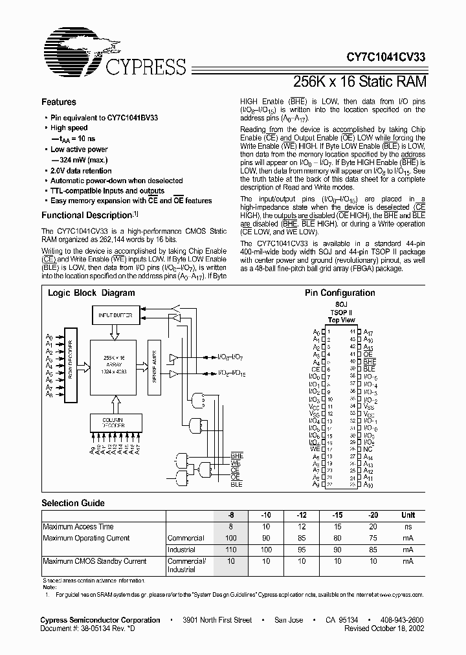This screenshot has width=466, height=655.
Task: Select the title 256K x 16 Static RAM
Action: tap(359, 82)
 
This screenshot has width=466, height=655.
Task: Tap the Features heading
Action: tap(59, 102)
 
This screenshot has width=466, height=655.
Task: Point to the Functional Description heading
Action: tap(87, 216)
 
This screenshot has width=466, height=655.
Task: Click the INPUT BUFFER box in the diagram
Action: tap(114, 315)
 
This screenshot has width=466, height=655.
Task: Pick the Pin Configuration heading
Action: tap(340, 293)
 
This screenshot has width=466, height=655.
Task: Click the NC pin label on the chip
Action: tap(368, 448)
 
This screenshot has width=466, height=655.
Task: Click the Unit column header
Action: tap(408, 515)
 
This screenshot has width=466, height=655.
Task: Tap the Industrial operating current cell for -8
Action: tap(230, 550)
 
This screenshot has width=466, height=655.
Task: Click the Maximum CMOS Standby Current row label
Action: tap(94, 561)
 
